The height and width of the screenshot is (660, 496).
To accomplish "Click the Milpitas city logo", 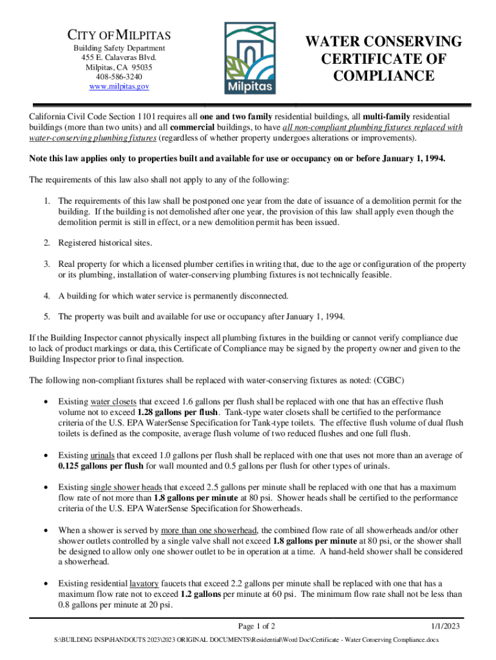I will [x=248, y=59].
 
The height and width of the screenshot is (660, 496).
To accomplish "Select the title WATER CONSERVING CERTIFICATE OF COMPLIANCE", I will [x=383, y=59].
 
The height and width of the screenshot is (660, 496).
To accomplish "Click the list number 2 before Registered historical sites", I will [x=47, y=243].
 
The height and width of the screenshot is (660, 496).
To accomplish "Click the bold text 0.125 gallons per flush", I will [x=100, y=466].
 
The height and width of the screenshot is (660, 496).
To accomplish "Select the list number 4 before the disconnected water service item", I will [x=47, y=296].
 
